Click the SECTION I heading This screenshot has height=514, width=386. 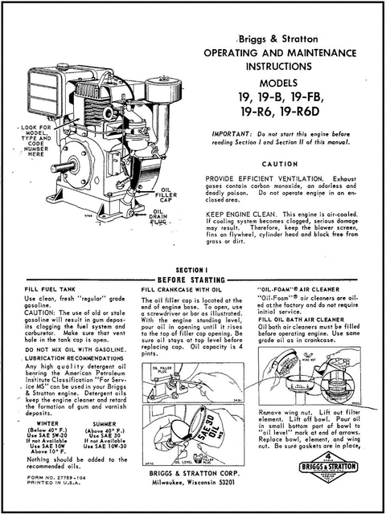(x=192, y=270)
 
